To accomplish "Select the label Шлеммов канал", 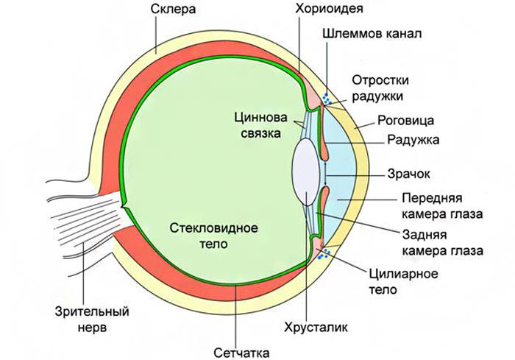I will click(x=372, y=35).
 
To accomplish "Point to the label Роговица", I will click(x=405, y=119).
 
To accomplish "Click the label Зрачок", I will click(x=408, y=175).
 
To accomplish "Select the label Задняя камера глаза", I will click(x=442, y=243).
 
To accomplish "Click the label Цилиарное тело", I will click(x=402, y=282).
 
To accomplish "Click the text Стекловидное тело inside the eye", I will click(x=214, y=235).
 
